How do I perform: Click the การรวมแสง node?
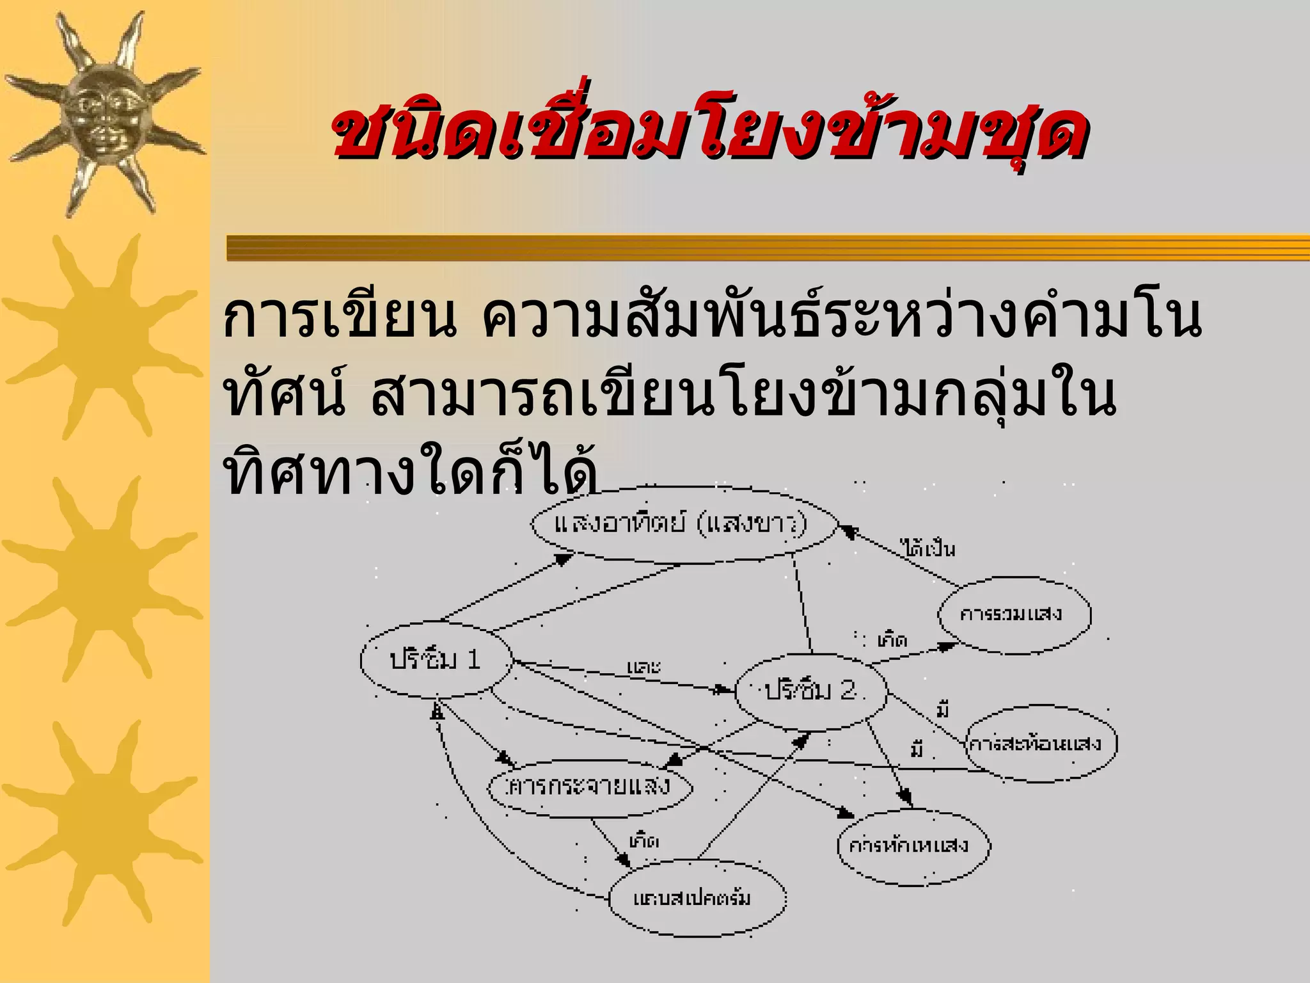1014,614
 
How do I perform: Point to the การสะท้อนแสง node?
1040,744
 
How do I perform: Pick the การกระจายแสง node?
590,787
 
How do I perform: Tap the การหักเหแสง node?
912,845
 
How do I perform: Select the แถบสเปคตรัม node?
696,898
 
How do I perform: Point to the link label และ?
643,667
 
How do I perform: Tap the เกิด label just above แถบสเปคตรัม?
644,840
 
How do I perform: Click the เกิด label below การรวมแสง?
892,639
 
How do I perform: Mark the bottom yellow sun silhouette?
102,822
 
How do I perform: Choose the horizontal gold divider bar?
768,248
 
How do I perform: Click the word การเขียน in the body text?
340,318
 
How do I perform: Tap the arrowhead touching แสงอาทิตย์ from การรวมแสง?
848,532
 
